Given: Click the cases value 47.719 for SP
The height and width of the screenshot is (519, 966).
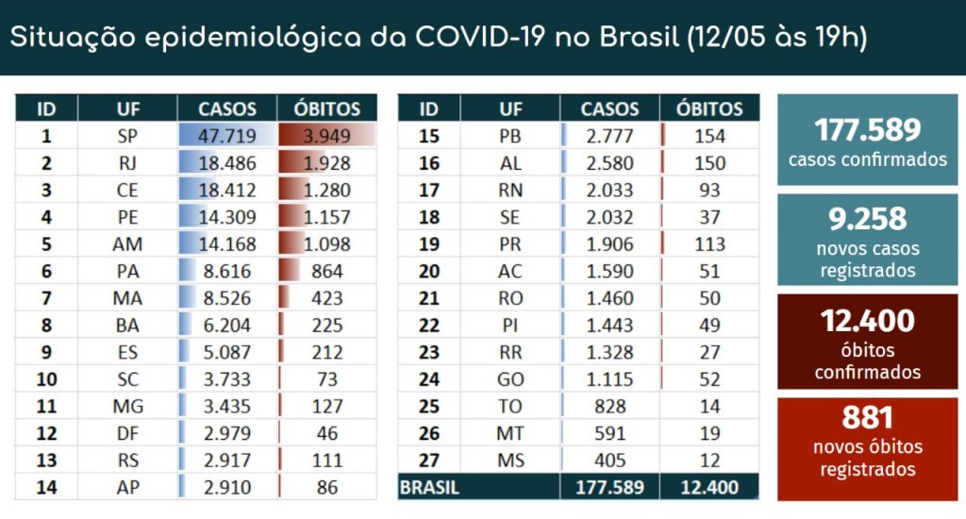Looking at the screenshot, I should coord(226,136).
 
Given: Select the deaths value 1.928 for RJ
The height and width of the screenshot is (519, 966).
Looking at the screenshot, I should coord(326,163).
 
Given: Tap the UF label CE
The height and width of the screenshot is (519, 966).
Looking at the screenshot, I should coord(127,190).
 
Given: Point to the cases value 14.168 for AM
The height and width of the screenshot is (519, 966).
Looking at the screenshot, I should coord(226,244).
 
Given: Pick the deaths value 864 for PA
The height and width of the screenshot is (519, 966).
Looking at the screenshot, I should coord(326,272).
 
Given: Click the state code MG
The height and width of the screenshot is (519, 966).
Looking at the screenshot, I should coord(127,407).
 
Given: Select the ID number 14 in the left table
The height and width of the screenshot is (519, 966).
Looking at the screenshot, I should coord(46,488).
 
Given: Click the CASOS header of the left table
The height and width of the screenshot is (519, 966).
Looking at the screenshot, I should coord(226,109).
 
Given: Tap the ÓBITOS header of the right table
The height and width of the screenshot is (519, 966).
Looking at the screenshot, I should coord(709,109).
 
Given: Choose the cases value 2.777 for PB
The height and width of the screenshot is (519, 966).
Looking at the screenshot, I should coord(609,136).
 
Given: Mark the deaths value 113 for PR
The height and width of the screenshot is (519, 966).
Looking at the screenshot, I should coord(709,244).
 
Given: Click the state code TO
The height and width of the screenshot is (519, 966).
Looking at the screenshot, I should coord(510,407).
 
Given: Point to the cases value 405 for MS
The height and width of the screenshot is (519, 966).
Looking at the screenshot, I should coord(609,460).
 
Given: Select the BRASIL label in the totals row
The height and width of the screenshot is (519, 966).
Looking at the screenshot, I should coord(429,488).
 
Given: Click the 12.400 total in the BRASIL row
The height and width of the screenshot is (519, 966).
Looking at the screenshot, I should coord(709,488).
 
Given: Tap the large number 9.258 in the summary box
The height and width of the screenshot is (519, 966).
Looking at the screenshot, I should coord(868,219).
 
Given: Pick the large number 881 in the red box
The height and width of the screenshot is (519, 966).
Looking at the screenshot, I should coord(868,417).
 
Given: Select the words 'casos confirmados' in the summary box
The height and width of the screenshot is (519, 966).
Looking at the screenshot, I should coord(868,159).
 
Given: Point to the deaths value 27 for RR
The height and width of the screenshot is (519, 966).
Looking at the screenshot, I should coord(709,353).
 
